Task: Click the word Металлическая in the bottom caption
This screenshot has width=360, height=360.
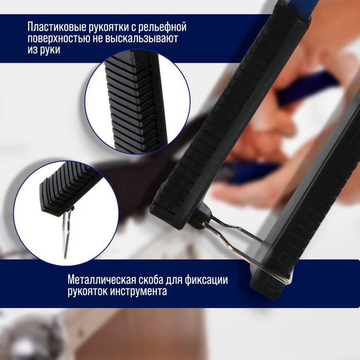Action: pos(100,280)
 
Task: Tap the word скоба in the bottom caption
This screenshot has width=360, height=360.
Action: pos(151,280)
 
